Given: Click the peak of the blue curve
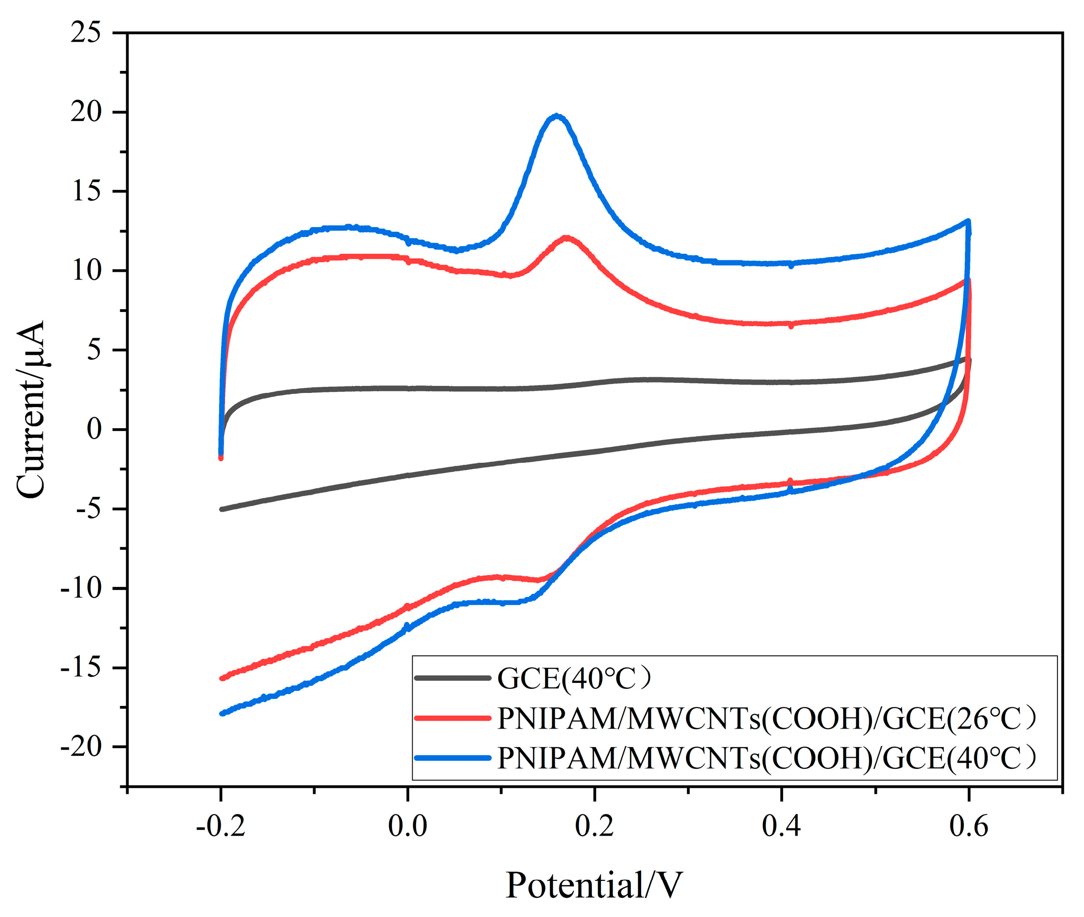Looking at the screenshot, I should pos(557,116).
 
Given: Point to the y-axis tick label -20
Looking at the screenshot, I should pos(80,747).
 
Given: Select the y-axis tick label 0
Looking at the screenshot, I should pos(94,430).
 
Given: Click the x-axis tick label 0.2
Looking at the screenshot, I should pos(594,826).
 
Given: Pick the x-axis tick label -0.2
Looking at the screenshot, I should pos(221,826).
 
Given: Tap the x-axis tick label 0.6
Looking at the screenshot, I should pos(968,826).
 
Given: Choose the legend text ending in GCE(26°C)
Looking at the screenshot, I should pos(767,719).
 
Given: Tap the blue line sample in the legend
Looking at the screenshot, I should pos(452,758).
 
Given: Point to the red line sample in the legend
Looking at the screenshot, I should pos(452,718).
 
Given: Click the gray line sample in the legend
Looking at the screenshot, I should pos(452,678).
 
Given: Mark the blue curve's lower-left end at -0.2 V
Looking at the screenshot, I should pos(223,713).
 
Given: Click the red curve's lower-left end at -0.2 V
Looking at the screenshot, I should pos(223,678).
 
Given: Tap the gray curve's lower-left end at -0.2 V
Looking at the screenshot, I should pos(223,509).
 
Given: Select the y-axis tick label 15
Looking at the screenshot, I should pos(86,191).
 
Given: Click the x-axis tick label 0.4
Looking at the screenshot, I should pos(781,826).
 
